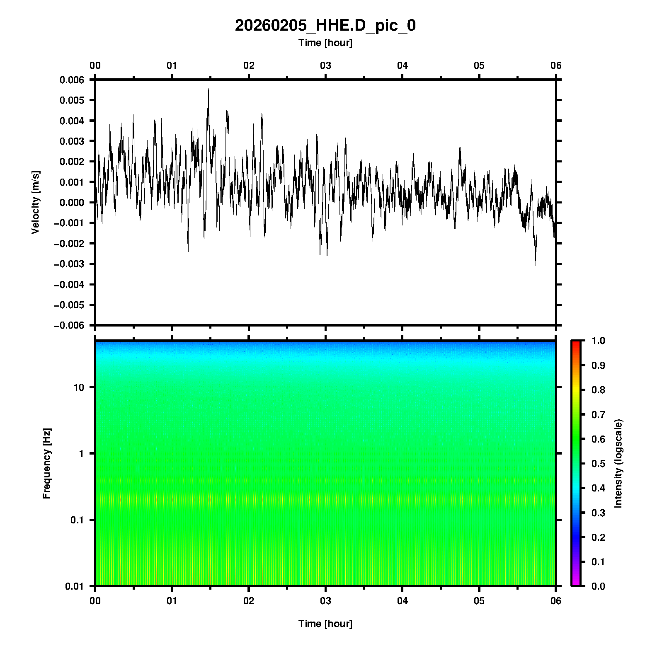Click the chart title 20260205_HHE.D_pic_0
click(325, 26)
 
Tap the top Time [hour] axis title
click(325, 43)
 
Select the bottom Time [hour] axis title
click(325, 624)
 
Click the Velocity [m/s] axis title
click(36, 202)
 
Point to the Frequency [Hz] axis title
click(46, 464)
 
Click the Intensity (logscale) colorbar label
click(618, 463)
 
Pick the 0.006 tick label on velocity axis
click(72, 80)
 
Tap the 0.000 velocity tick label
click(72, 203)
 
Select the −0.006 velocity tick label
click(69, 325)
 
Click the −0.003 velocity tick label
click(69, 264)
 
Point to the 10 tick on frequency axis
click(79, 387)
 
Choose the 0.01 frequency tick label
click(75, 586)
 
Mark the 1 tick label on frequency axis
click(81, 453)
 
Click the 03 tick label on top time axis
click(325, 65)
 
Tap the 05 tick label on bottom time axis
click(479, 601)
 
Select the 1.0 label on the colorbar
click(599, 341)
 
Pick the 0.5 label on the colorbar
click(599, 463)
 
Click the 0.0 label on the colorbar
click(599, 586)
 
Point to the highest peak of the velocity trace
click(209, 89)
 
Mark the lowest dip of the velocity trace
click(536, 265)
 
